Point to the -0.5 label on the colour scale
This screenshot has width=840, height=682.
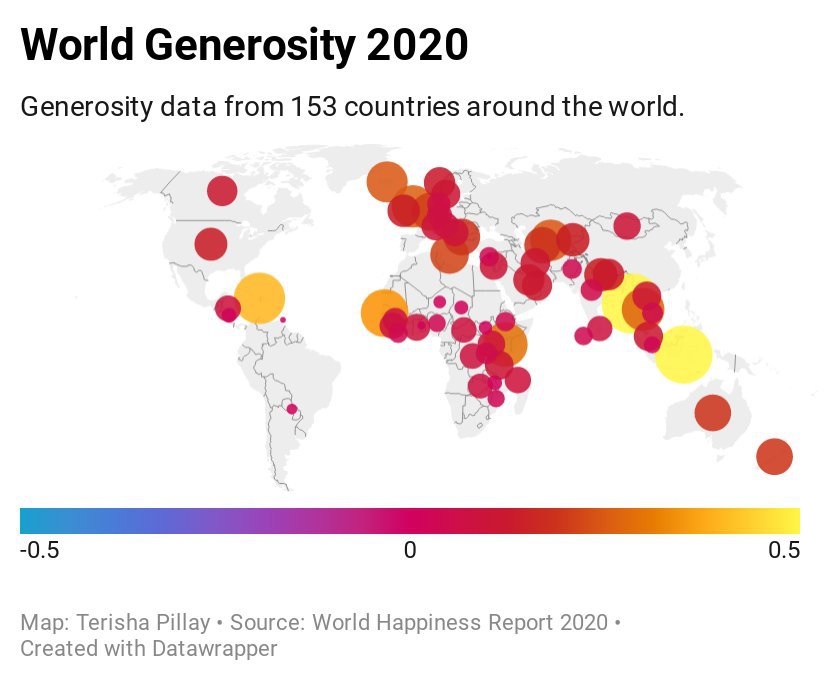[x=39, y=550]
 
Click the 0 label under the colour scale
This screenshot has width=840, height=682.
[x=410, y=550]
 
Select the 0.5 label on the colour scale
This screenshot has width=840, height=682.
[x=784, y=550]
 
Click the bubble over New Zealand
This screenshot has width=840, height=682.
[x=773, y=456]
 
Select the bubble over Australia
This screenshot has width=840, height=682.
[x=712, y=412]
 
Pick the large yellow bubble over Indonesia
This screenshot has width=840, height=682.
[x=683, y=353]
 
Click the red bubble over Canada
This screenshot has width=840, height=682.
[x=222, y=190]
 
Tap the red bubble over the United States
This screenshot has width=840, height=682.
[x=210, y=244]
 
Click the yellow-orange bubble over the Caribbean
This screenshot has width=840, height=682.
[x=258, y=298]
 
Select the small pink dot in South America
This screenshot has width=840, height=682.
[x=292, y=409]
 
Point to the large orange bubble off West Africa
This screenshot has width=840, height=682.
[x=382, y=312]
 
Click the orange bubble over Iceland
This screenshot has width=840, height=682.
[x=386, y=182]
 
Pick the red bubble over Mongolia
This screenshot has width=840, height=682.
[x=626, y=226]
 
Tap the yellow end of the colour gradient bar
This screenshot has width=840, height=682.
[x=790, y=520]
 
